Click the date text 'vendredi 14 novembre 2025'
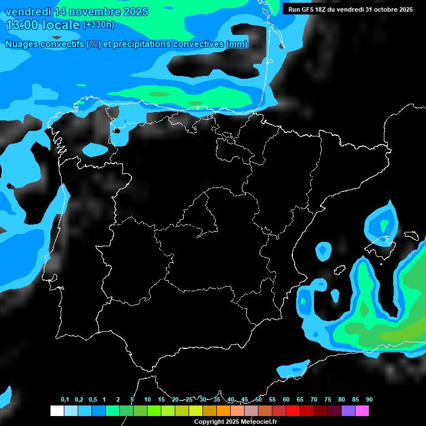77,12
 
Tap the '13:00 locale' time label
42,25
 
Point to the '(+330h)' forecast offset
98,25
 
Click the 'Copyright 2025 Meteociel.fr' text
236,422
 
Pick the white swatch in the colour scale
57,411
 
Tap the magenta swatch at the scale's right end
362,411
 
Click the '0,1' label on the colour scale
65,400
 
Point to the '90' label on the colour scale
369,400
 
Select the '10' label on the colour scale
148,400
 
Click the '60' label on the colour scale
286,400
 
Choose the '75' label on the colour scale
328,400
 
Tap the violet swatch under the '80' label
348,411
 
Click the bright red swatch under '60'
292,411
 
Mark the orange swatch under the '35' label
223,411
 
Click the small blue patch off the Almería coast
293,368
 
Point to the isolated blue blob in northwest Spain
95,149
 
